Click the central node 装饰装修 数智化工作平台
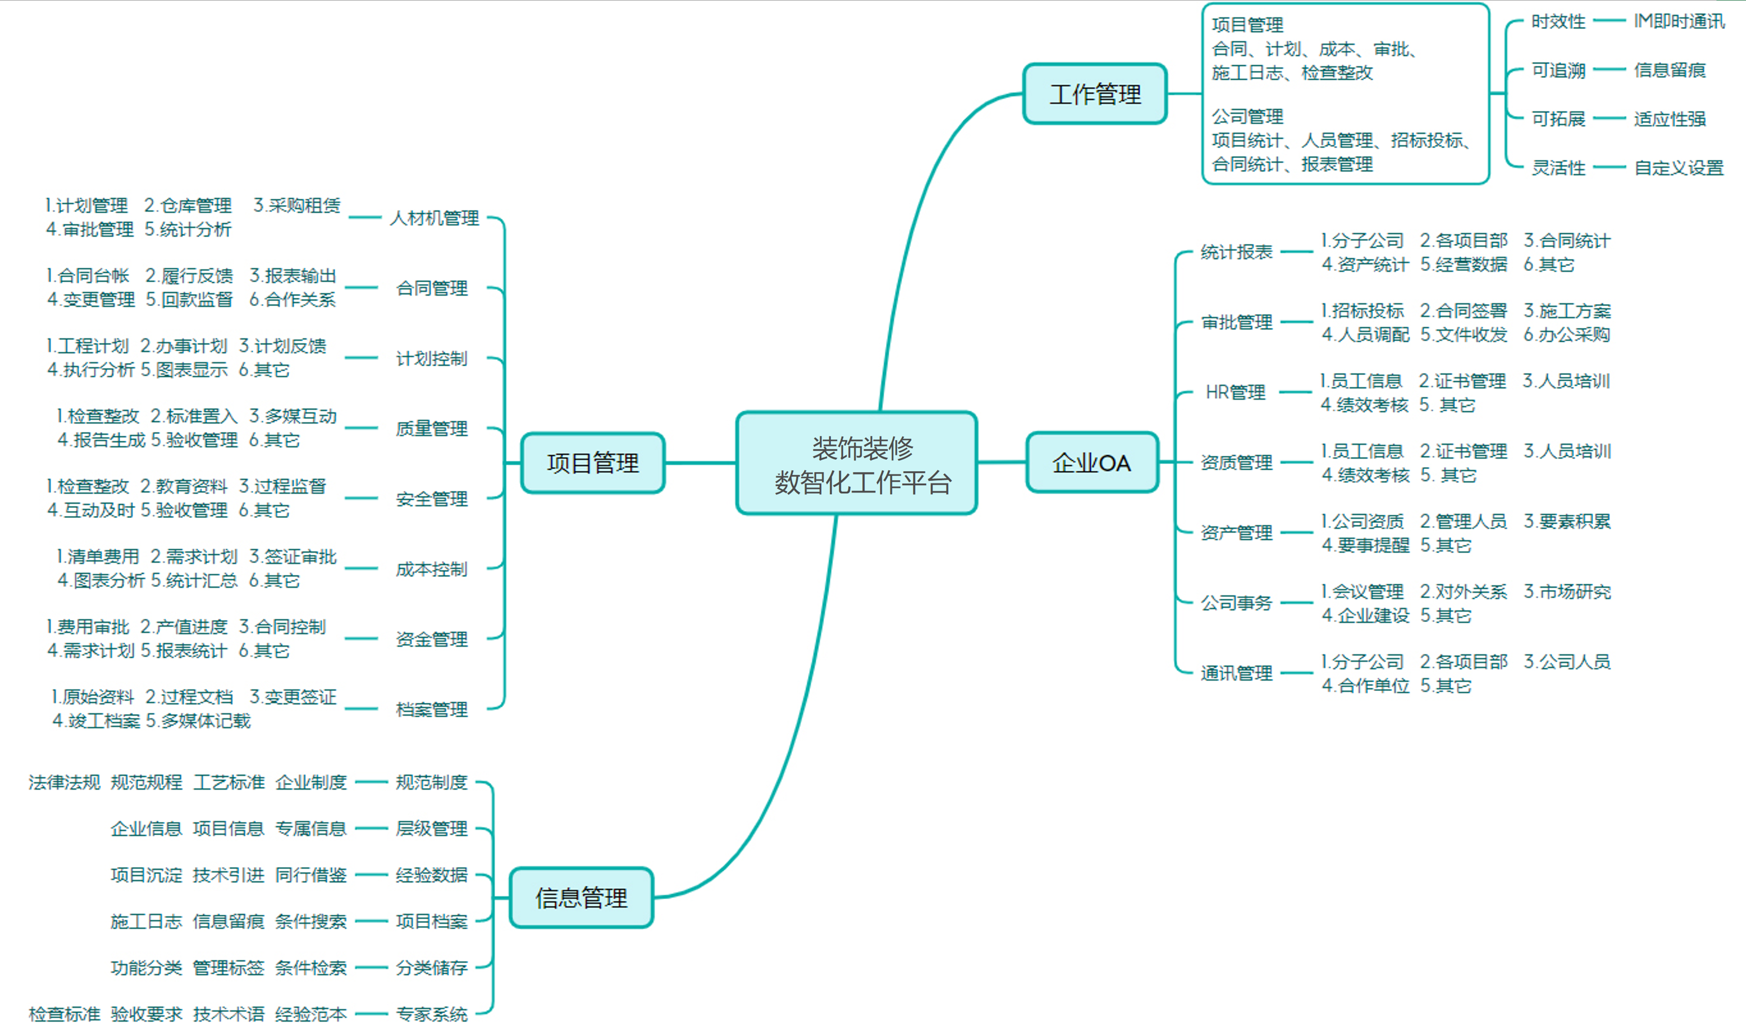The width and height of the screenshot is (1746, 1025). (x=856, y=464)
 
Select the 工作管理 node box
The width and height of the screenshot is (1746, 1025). (x=1095, y=94)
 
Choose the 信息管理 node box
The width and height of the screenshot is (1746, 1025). (x=581, y=898)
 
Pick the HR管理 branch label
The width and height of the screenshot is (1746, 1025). (x=1235, y=392)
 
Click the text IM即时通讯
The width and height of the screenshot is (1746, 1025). (x=1679, y=21)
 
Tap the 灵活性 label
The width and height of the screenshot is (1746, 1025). (x=1558, y=168)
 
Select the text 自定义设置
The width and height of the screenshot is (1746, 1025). (x=1679, y=168)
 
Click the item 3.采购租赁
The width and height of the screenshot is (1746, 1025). (x=297, y=206)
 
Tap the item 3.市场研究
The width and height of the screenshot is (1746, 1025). (x=1567, y=592)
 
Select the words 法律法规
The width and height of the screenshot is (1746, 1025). (x=64, y=783)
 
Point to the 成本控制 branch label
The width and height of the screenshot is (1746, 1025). (x=431, y=569)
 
